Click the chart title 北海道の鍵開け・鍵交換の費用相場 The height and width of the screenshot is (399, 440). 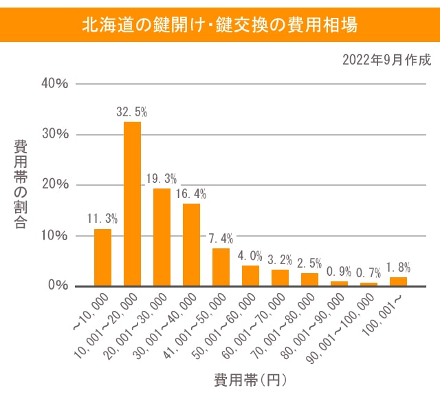[219, 25]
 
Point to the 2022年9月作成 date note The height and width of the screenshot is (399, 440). [386, 60]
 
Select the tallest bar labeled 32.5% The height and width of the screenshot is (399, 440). [132, 204]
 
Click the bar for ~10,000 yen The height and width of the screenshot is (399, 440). [102, 257]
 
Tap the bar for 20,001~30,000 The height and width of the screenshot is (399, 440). [162, 237]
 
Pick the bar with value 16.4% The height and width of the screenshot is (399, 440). [191, 244]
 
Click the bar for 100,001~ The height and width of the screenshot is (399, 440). [398, 281]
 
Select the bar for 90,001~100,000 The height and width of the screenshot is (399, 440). [368, 283]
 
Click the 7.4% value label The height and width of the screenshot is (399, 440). [221, 239]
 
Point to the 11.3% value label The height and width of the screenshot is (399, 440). [102, 219]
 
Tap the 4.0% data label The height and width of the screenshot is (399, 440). [250, 256]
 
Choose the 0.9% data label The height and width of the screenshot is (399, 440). [339, 271]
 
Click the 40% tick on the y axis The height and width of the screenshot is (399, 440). [55, 83]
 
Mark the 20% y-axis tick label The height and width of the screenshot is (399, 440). [55, 184]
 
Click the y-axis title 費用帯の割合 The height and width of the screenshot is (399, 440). [21, 184]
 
